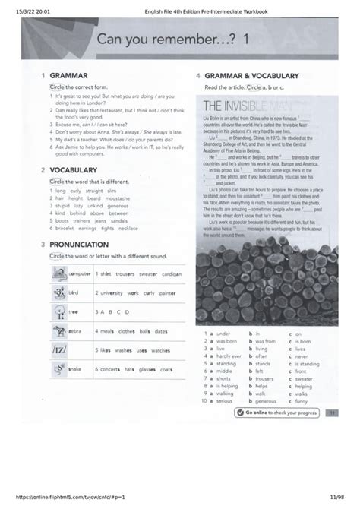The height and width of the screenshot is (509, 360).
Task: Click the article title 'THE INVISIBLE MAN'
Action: coord(242,106)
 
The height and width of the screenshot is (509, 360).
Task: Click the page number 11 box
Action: coord(332,413)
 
